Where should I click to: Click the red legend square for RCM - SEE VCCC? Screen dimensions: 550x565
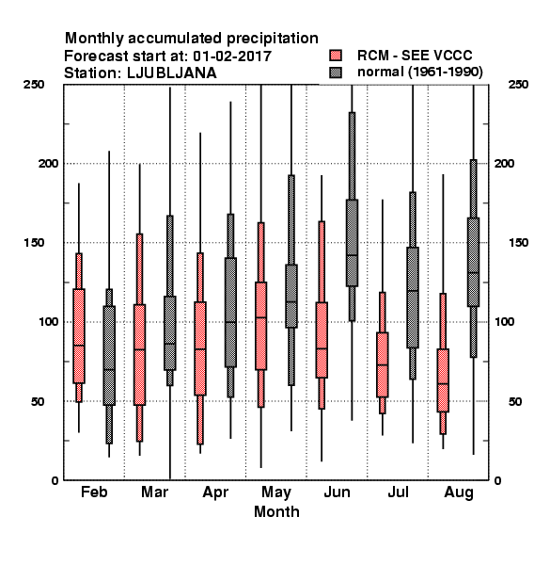pos(336,56)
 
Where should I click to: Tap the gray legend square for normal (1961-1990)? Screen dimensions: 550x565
pos(336,73)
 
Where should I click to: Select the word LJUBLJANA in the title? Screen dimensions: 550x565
pos(172,73)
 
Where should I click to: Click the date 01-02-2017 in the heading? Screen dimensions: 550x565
pos(232,56)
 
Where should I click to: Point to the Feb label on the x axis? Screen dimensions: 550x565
pos(94,492)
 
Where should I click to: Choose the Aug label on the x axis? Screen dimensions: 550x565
pos(459,492)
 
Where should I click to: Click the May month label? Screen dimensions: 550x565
pos(276,492)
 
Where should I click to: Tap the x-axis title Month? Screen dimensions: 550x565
pos(276,511)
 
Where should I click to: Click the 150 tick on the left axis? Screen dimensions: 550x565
pos(34,243)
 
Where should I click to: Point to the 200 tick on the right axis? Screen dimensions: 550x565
pos(504,163)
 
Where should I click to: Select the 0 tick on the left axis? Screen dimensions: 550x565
pos(55,480)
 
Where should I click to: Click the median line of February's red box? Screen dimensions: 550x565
pos(79,346)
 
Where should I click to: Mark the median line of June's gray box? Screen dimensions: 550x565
pos(352,255)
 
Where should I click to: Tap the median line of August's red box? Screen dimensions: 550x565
pos(443,384)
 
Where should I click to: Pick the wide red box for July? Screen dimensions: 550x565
pos(383,364)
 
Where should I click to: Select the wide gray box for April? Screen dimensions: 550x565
pos(230,313)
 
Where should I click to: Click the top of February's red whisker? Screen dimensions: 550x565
pos(79,184)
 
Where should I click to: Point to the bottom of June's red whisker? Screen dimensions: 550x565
pos(322,460)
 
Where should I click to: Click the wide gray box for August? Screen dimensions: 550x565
pos(474,262)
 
